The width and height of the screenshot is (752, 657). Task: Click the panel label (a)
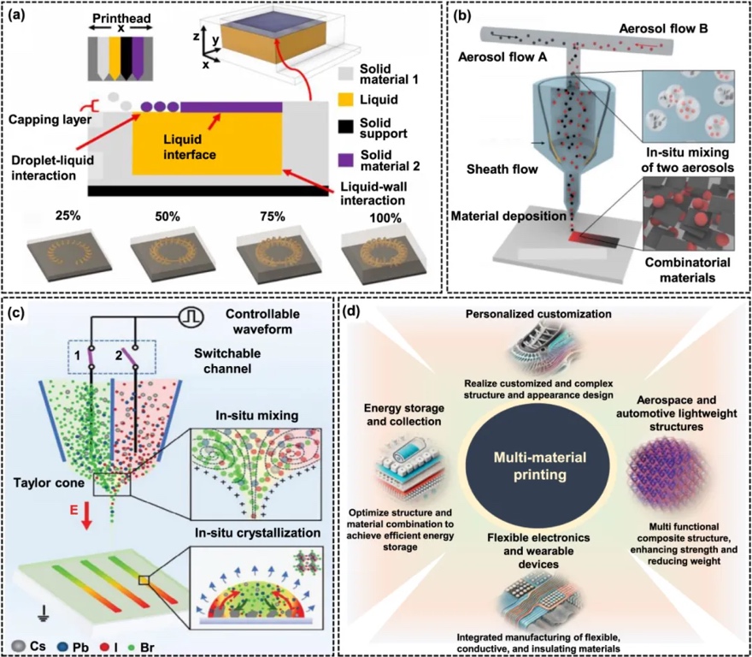[19, 15]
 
